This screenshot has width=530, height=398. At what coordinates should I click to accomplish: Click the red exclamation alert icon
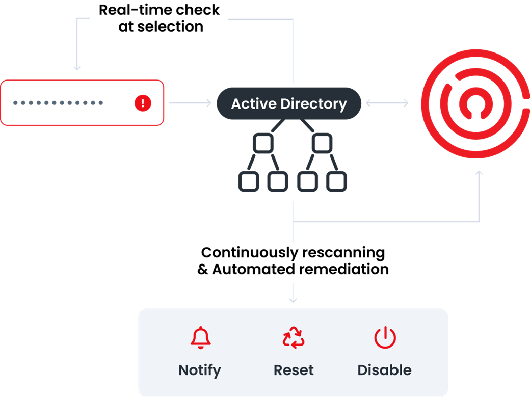(x=143, y=103)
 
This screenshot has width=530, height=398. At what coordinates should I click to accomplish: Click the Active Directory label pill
(x=289, y=103)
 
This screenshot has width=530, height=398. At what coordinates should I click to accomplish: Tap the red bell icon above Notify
(x=200, y=338)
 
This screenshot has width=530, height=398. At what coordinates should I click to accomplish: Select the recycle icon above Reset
(x=294, y=338)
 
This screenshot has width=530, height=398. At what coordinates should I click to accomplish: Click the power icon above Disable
(x=385, y=338)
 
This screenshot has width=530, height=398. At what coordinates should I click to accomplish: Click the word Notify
(x=200, y=370)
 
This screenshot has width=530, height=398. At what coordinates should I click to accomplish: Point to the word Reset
(x=294, y=370)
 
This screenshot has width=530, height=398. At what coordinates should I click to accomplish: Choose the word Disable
(x=384, y=370)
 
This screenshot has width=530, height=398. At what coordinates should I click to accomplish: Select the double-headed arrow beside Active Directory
(x=387, y=103)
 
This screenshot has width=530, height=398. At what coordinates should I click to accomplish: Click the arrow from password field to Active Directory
(x=190, y=103)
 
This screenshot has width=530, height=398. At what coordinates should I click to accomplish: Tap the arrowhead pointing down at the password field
(x=77, y=67)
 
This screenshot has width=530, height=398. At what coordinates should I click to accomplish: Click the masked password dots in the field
(x=58, y=103)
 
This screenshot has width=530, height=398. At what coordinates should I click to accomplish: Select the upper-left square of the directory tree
(x=263, y=143)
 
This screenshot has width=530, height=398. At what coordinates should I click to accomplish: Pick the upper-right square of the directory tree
(x=322, y=143)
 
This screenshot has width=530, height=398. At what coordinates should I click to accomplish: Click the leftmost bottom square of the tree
(x=248, y=181)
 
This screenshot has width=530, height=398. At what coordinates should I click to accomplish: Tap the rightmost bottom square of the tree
(x=336, y=181)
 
